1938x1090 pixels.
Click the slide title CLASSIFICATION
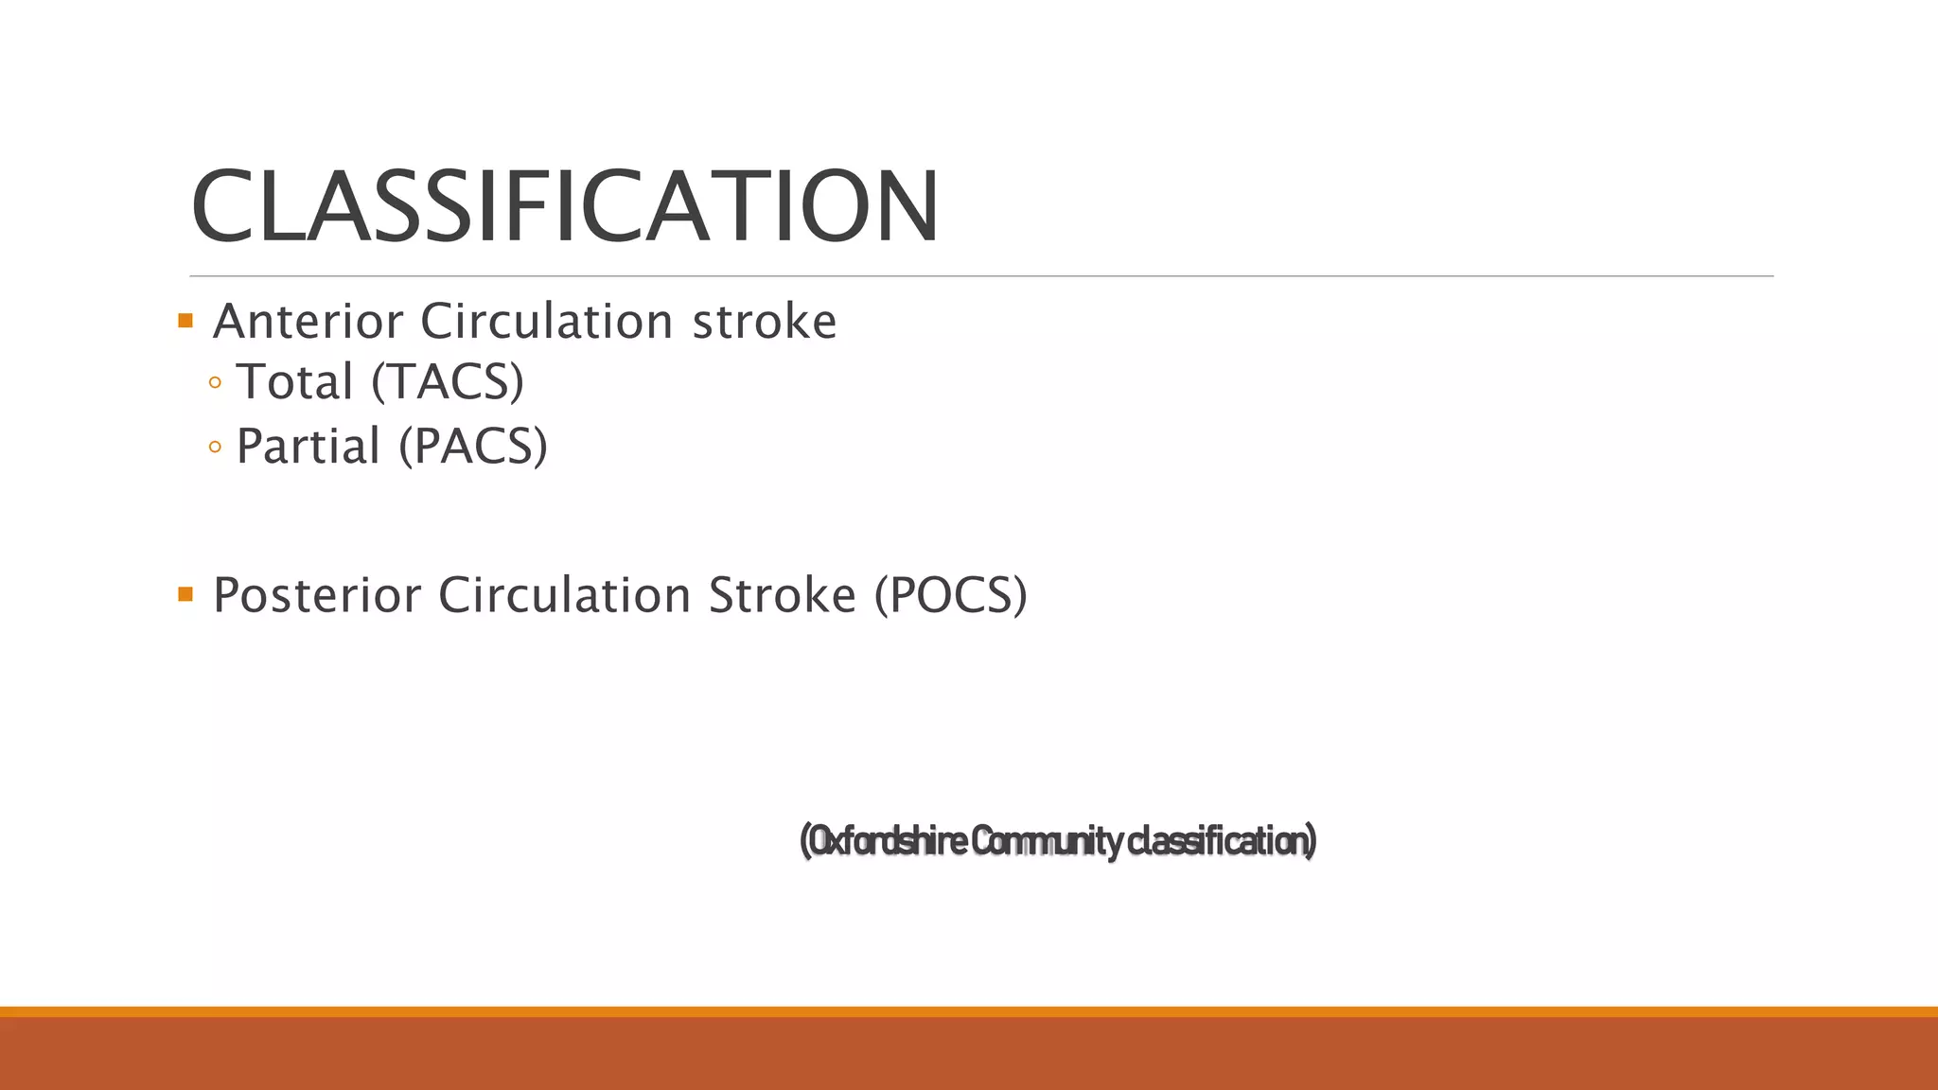click(564, 206)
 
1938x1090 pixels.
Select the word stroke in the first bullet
click(765, 322)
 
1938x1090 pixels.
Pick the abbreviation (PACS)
click(472, 447)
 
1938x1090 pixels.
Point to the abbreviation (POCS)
click(950, 595)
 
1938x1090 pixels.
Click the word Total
click(294, 382)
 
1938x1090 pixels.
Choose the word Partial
click(308, 447)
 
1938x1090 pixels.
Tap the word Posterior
click(317, 595)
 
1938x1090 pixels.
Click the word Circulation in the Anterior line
click(547, 322)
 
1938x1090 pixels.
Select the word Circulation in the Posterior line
click(565, 595)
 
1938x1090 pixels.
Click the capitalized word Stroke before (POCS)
click(783, 595)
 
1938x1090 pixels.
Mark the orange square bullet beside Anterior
click(185, 321)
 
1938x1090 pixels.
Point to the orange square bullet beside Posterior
click(185, 594)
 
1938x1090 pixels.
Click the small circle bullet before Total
click(215, 383)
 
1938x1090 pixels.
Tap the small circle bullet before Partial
click(215, 448)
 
